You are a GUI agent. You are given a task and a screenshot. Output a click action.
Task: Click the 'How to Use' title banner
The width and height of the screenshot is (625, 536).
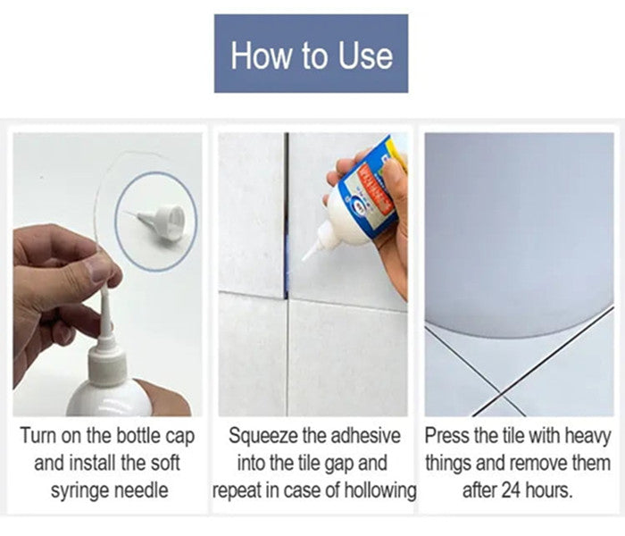coord(311,54)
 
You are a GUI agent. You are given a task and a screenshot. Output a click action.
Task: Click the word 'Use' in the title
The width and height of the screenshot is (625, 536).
coord(364,55)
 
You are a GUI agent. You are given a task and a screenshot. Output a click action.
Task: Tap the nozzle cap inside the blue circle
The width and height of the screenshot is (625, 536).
coord(166,220)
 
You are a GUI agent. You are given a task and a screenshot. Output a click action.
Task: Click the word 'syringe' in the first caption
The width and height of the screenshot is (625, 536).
coord(81,490)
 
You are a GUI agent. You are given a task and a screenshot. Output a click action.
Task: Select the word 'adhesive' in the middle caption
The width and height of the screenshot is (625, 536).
coord(368,438)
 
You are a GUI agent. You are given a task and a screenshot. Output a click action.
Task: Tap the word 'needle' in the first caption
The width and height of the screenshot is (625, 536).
coord(147,490)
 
